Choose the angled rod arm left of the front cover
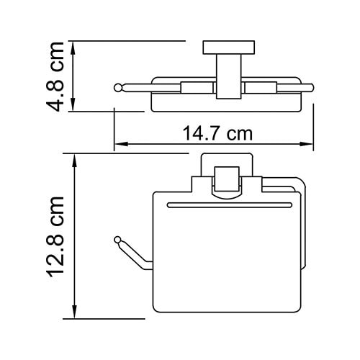[x=133, y=252]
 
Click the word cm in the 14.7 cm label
[x=240, y=134]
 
